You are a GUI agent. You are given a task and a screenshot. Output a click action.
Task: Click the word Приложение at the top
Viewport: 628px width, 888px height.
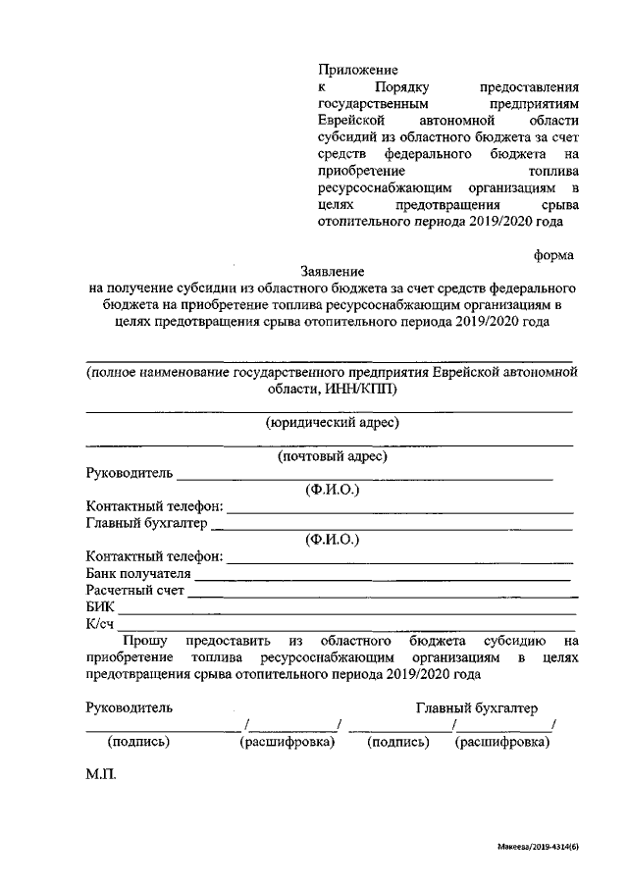tap(357, 70)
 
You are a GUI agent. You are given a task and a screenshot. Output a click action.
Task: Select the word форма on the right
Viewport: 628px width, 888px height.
tap(553, 253)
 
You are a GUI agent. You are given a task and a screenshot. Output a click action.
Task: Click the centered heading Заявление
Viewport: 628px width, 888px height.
tap(332, 271)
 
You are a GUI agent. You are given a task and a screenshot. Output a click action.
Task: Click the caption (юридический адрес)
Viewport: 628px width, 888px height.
tap(332, 423)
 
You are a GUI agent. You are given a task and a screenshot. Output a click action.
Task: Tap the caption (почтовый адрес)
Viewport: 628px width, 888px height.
tap(332, 456)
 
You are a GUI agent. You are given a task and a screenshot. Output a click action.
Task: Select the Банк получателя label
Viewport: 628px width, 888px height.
tap(137, 574)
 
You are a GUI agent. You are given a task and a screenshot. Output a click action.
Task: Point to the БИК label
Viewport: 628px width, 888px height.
tap(100, 607)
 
